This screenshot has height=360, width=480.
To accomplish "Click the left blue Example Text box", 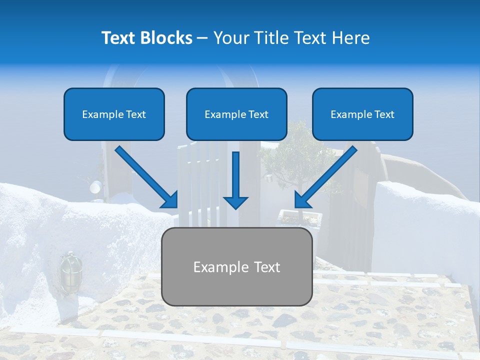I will pos(114,114).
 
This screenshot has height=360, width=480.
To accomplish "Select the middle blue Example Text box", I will pos(236,114).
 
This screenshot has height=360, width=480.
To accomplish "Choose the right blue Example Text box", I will pos(362,114).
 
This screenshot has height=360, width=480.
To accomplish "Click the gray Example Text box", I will pos(236,266).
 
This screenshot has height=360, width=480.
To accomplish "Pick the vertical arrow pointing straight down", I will pos(235,177).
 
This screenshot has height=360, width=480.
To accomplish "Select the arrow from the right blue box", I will pos(327,175).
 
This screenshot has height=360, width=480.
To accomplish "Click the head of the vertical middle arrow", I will pos(235,202).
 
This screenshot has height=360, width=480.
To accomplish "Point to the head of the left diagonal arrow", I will pos(170,200).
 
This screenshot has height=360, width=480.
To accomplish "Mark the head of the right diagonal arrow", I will pos(302,200).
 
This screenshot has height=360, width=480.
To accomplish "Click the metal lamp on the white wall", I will pos(68,268).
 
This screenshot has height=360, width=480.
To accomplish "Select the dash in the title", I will pos(202,38).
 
